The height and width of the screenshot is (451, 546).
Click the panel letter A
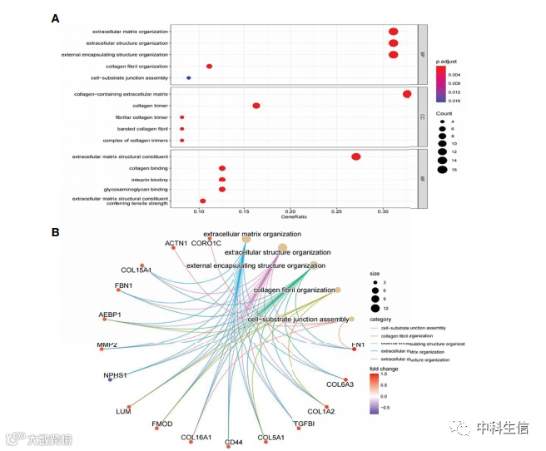point(55,18)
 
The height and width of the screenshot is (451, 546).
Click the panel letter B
point(55,232)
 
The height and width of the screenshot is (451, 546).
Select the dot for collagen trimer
point(256,106)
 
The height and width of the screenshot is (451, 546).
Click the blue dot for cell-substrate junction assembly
point(189,77)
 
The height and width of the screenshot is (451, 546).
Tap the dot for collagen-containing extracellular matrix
point(407,94)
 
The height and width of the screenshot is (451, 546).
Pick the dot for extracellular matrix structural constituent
point(356,156)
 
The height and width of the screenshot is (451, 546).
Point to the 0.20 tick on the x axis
point(290,212)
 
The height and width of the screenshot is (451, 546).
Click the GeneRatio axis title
point(293,219)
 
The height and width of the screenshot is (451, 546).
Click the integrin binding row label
point(149,179)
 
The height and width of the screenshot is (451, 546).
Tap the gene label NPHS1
point(115,375)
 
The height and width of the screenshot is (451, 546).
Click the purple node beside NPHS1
point(110,380)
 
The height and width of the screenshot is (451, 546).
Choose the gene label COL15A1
point(136,270)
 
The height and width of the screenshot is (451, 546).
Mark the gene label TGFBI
point(304,424)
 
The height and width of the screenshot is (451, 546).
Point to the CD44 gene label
point(233,442)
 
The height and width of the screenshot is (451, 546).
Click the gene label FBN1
point(124,286)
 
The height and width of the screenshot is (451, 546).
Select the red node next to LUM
point(131,405)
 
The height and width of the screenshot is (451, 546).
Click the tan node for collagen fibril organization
point(338,290)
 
